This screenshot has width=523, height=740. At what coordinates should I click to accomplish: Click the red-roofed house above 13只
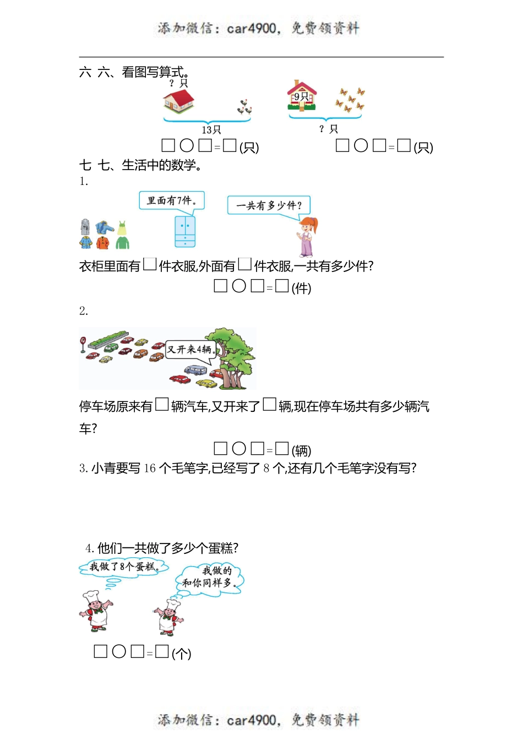coord(178,100)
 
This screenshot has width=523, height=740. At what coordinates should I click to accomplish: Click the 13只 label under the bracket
coord(211,130)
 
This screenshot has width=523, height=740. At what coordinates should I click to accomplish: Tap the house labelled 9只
coord(302,96)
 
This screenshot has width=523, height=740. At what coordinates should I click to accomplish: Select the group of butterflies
coord(350,99)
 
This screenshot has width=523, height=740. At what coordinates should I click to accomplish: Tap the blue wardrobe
coord(185,231)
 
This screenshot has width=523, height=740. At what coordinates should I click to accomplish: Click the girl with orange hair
coord(307,237)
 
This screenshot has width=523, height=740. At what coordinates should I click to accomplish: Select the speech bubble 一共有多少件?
coord(269,205)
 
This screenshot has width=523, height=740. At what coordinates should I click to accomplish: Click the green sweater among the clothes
coord(122,241)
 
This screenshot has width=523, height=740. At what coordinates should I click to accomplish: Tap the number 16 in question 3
coord(150,469)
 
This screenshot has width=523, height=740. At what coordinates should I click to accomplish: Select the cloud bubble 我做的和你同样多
coord(210,577)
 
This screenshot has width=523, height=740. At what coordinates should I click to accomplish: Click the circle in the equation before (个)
coord(119,652)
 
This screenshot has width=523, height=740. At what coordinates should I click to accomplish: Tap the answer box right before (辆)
coord(282,449)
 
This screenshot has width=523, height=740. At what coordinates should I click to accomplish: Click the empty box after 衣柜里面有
coord(150,265)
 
